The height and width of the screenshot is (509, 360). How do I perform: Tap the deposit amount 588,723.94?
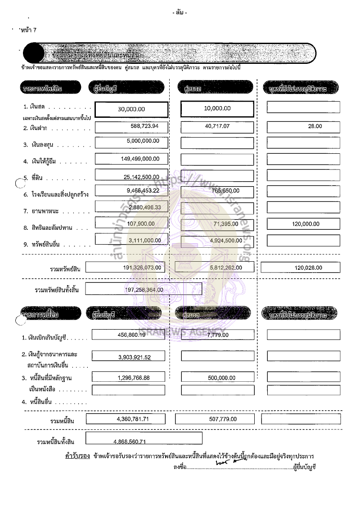[141, 126]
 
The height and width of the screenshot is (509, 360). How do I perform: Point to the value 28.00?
[315, 126]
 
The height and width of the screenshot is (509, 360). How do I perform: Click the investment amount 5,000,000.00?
[143, 141]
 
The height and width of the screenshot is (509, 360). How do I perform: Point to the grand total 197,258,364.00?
[144, 290]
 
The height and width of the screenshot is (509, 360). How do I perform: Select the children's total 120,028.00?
[308, 268]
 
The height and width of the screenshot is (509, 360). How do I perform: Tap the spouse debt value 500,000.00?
[222, 378]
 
